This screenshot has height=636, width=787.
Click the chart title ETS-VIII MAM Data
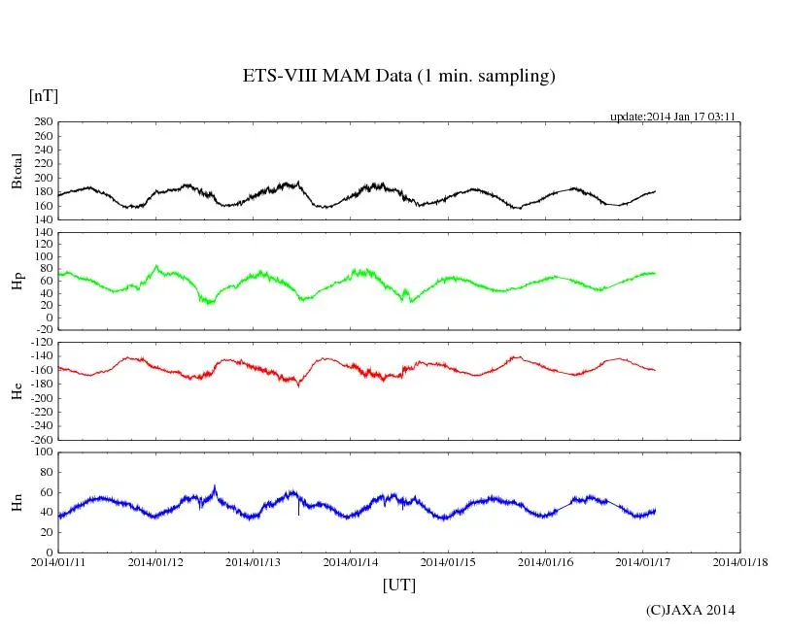pyautogui.click(x=398, y=77)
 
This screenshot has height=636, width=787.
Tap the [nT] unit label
pyautogui.click(x=43, y=95)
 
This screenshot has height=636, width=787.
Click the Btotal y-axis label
pyautogui.click(x=17, y=171)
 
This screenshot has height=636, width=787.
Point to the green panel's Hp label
pyautogui.click(x=17, y=281)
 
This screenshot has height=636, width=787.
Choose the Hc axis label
pyautogui.click(x=17, y=390)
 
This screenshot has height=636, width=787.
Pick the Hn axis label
pyautogui.click(x=17, y=501)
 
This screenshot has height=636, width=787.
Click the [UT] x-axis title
pyautogui.click(x=398, y=585)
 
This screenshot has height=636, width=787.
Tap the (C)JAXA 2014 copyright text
pyautogui.click(x=691, y=610)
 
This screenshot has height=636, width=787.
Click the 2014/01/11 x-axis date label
pyautogui.click(x=58, y=562)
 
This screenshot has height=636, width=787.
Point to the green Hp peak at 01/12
pyautogui.click(x=156, y=265)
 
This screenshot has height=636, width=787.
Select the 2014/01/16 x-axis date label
pyautogui.click(x=546, y=562)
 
